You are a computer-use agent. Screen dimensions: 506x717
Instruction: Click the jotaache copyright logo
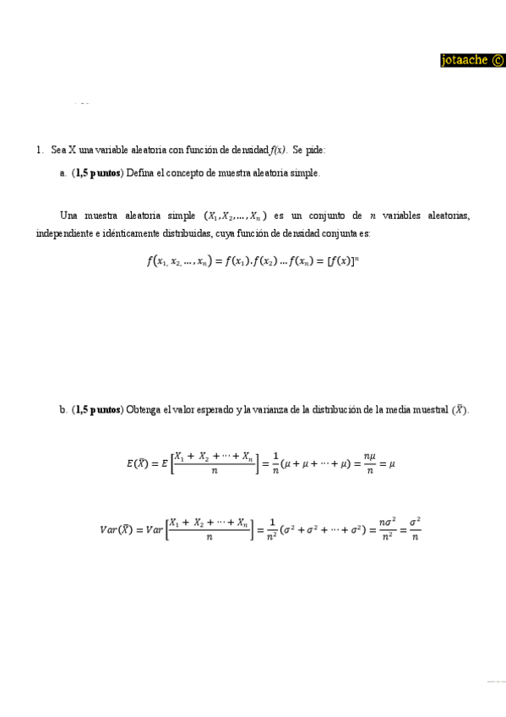click(472, 60)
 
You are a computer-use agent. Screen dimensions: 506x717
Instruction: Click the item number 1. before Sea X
click(40, 150)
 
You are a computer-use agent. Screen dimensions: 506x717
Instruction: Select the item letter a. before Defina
click(63, 172)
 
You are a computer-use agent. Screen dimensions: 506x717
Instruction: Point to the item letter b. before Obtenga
click(63, 410)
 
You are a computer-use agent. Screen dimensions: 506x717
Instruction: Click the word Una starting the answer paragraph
click(69, 216)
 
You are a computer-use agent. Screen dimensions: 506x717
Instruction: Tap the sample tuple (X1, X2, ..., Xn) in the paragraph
click(236, 216)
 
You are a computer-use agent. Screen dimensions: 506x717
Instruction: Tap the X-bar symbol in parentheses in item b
click(459, 410)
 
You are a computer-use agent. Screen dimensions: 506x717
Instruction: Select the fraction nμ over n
click(369, 462)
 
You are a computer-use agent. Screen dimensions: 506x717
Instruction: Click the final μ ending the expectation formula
click(392, 462)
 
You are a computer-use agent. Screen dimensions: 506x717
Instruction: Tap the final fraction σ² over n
click(414, 530)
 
